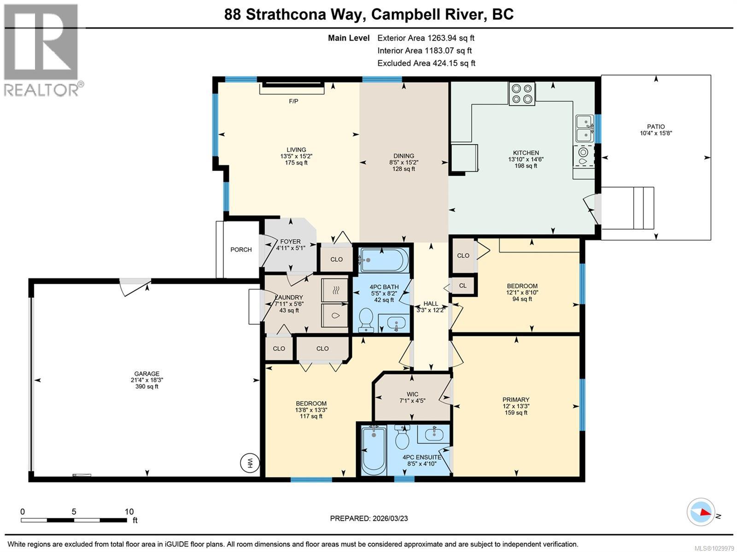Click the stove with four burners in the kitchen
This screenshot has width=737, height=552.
pos(521,94)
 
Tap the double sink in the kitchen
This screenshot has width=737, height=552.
pos(585,128)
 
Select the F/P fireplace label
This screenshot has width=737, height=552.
pos(293,101)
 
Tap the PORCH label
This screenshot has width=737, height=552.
pos(241,250)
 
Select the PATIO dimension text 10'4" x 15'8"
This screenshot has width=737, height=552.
pos(655,133)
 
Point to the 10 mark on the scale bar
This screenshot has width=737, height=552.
pos(129,512)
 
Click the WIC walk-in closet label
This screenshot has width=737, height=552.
pos(412,394)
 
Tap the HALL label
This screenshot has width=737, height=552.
pos(431,304)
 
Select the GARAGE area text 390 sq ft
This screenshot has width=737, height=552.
pos(146,387)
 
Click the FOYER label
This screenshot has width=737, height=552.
pos(290,241)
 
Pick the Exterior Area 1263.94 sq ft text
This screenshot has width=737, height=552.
pos(426,38)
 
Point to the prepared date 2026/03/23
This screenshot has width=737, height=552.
pos(389,518)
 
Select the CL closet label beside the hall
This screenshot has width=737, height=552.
pos(462,286)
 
